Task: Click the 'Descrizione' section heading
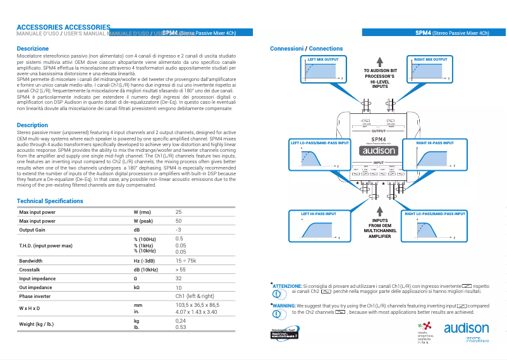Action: pyautogui.click(x=32, y=49)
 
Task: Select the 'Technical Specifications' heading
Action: pyautogui.click(x=50, y=201)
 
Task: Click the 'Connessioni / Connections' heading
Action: pyautogui.click(x=306, y=49)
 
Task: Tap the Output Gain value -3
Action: pyautogui.click(x=178, y=230)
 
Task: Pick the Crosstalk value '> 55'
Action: pyautogui.click(x=180, y=270)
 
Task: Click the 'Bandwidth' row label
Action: pyautogui.click(x=31, y=261)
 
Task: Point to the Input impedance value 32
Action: pyautogui.click(x=178, y=278)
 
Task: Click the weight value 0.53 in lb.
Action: pyautogui.click(x=180, y=327)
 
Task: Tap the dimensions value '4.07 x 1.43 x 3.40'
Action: pyautogui.click(x=196, y=312)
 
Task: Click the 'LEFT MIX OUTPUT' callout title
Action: pyautogui.click(x=322, y=59)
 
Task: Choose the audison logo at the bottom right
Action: pyautogui.click(x=466, y=328)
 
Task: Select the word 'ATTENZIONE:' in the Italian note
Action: pyautogui.click(x=287, y=286)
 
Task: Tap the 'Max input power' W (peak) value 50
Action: pyautogui.click(x=178, y=221)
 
